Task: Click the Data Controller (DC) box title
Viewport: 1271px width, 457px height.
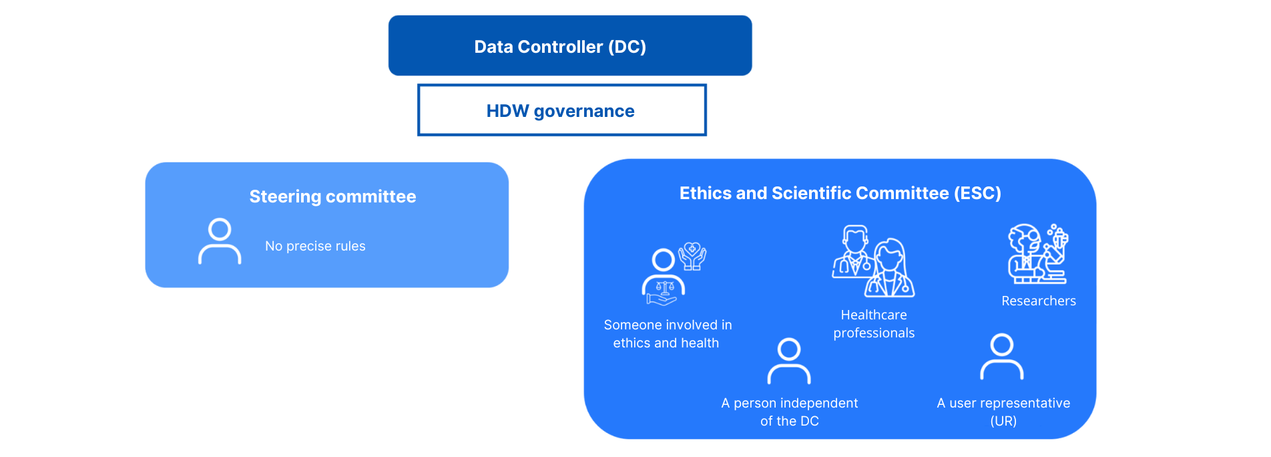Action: [x=560, y=47]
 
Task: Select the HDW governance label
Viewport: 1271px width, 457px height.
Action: [x=560, y=111]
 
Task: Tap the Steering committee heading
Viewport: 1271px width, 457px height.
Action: [x=332, y=196]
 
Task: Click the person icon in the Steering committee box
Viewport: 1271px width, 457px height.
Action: [x=220, y=241]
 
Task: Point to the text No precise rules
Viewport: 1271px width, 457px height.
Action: [x=315, y=246]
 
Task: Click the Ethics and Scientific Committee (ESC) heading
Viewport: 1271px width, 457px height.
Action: [x=840, y=193]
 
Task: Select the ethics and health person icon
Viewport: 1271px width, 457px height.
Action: [x=674, y=274]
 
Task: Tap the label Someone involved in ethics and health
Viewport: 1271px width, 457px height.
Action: [x=668, y=333]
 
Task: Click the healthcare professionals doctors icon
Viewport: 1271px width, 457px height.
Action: [x=873, y=261]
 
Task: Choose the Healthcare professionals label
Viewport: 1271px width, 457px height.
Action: [x=874, y=323]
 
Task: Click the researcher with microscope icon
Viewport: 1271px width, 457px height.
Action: [x=1038, y=254]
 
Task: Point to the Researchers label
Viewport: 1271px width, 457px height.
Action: [x=1039, y=301]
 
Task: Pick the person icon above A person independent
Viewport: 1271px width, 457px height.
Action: [x=789, y=361]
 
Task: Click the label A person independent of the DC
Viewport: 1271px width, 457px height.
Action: [x=790, y=412]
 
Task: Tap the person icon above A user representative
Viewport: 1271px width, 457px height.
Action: [x=1002, y=357]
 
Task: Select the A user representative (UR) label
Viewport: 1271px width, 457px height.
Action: [x=1003, y=412]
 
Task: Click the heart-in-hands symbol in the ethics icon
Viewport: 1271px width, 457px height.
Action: [x=692, y=256]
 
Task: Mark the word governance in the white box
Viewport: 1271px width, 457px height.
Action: [x=584, y=112]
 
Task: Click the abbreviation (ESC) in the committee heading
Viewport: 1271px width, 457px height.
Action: [x=978, y=193]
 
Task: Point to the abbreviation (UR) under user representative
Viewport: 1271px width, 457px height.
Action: [x=1003, y=421]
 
